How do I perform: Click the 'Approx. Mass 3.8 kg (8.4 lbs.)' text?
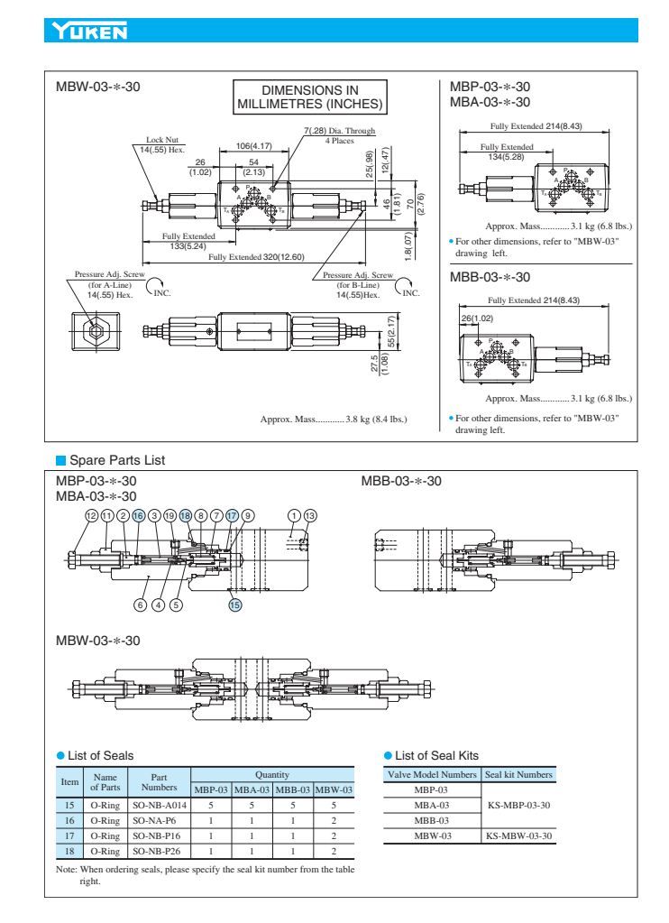pos(334,419)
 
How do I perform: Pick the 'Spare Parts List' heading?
pos(116,460)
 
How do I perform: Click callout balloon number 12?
pos(90,514)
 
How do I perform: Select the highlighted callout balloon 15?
pos(234,605)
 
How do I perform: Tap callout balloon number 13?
pos(311,514)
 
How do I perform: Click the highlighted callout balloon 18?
pos(185,514)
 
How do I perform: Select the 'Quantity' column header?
pos(271,773)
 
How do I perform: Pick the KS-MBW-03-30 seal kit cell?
pos(518,835)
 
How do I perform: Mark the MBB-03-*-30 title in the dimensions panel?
pos(490,277)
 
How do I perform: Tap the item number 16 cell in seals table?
pos(69,818)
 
